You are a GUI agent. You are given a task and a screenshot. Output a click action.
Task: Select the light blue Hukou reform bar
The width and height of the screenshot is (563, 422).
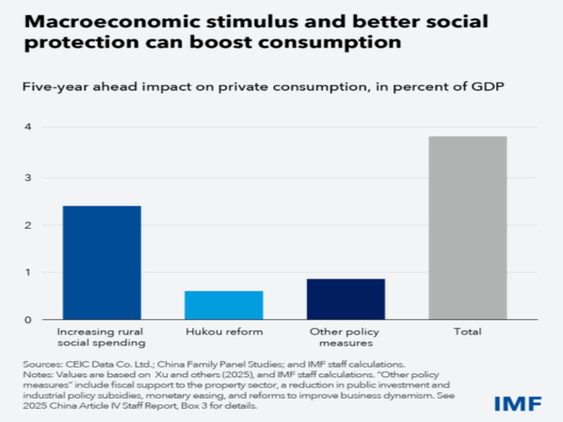click(x=223, y=305)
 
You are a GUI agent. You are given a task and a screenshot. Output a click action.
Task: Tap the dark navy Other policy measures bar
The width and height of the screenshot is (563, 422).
click(x=345, y=299)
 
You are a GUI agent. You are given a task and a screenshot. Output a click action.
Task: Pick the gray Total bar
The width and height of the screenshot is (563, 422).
click(x=466, y=228)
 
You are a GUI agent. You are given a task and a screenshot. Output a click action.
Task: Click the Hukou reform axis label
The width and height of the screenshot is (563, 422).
click(x=223, y=332)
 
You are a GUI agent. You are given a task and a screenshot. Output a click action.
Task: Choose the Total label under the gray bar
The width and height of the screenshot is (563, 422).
click(x=466, y=332)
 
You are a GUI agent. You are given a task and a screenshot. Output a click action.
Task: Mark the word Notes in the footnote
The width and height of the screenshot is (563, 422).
click(x=37, y=372)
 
